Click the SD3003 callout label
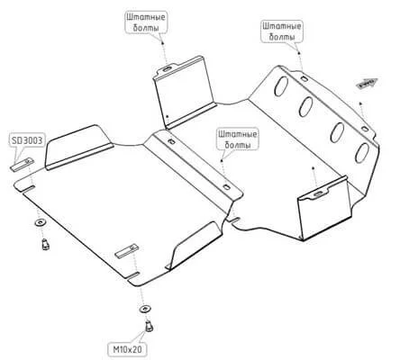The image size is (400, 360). tap(27, 140)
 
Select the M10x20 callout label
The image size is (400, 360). tap(128, 349)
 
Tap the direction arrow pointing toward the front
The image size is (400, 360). tap(368, 83)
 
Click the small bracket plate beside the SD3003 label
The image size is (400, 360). tap(22, 165)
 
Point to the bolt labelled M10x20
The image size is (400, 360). tap(150, 326)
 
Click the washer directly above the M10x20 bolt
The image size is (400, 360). tap(145, 309)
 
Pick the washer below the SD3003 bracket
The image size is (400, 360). tap(40, 223)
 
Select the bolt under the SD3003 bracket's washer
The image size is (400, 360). tap(45, 244)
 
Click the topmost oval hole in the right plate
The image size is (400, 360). tap(281, 85)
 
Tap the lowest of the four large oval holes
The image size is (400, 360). tap(362, 152)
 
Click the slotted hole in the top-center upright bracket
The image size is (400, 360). tap(167, 69)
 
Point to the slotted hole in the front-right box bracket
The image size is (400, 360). tap(318, 193)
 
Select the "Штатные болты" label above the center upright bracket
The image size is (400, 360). tap(146, 22)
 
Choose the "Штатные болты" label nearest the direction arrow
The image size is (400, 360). tap(282, 31)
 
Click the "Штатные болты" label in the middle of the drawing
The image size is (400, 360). tap(238, 139)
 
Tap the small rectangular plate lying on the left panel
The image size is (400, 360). tap(126, 251)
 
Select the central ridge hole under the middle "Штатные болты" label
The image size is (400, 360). tap(226, 187)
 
